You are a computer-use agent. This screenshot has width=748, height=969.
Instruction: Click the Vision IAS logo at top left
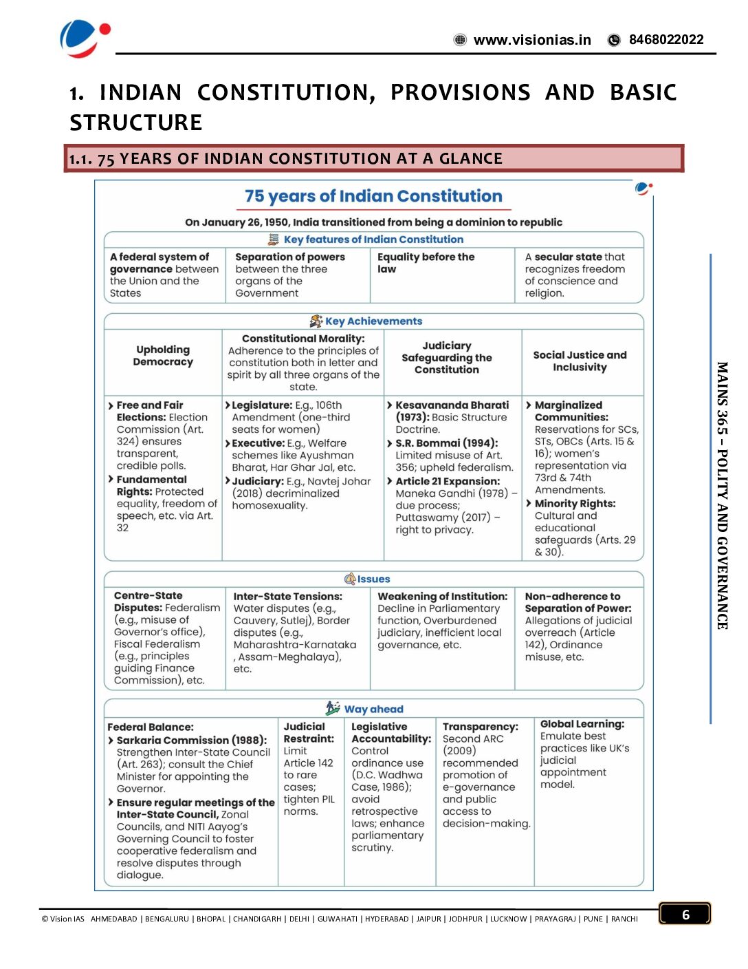[x=84, y=38]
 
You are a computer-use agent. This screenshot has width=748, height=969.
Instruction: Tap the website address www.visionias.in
[x=531, y=40]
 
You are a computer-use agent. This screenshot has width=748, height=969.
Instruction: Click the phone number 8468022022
[x=665, y=40]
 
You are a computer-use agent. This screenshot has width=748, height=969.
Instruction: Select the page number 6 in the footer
[x=685, y=914]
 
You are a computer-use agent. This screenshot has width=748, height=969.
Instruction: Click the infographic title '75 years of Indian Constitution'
[x=373, y=196]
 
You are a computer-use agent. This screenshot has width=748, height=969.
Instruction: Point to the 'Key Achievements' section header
[x=373, y=321]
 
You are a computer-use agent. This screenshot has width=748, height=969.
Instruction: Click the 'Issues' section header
[x=373, y=579]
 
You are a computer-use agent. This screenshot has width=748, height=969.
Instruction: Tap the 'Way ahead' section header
[x=373, y=709]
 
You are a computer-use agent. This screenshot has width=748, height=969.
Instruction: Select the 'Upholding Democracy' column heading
[x=163, y=356]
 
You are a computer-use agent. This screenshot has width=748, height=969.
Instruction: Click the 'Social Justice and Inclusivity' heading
[x=580, y=361]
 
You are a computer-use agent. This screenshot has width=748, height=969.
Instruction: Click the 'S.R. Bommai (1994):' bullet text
[x=446, y=443]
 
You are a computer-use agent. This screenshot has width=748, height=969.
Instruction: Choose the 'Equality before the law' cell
[x=426, y=263]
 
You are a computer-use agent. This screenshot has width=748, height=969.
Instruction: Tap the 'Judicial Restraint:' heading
[x=309, y=732]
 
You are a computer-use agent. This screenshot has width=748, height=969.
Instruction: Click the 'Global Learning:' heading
[x=582, y=724]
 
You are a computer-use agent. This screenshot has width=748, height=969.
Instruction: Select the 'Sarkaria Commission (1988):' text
[x=191, y=741]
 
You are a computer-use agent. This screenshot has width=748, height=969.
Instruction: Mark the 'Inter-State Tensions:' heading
[x=287, y=597]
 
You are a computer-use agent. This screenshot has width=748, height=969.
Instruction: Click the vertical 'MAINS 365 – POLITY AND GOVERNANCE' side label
[x=722, y=496]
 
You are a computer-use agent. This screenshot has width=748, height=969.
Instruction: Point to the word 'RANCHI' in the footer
[x=624, y=919]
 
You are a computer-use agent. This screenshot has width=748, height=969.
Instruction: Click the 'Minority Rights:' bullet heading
[x=575, y=504]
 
